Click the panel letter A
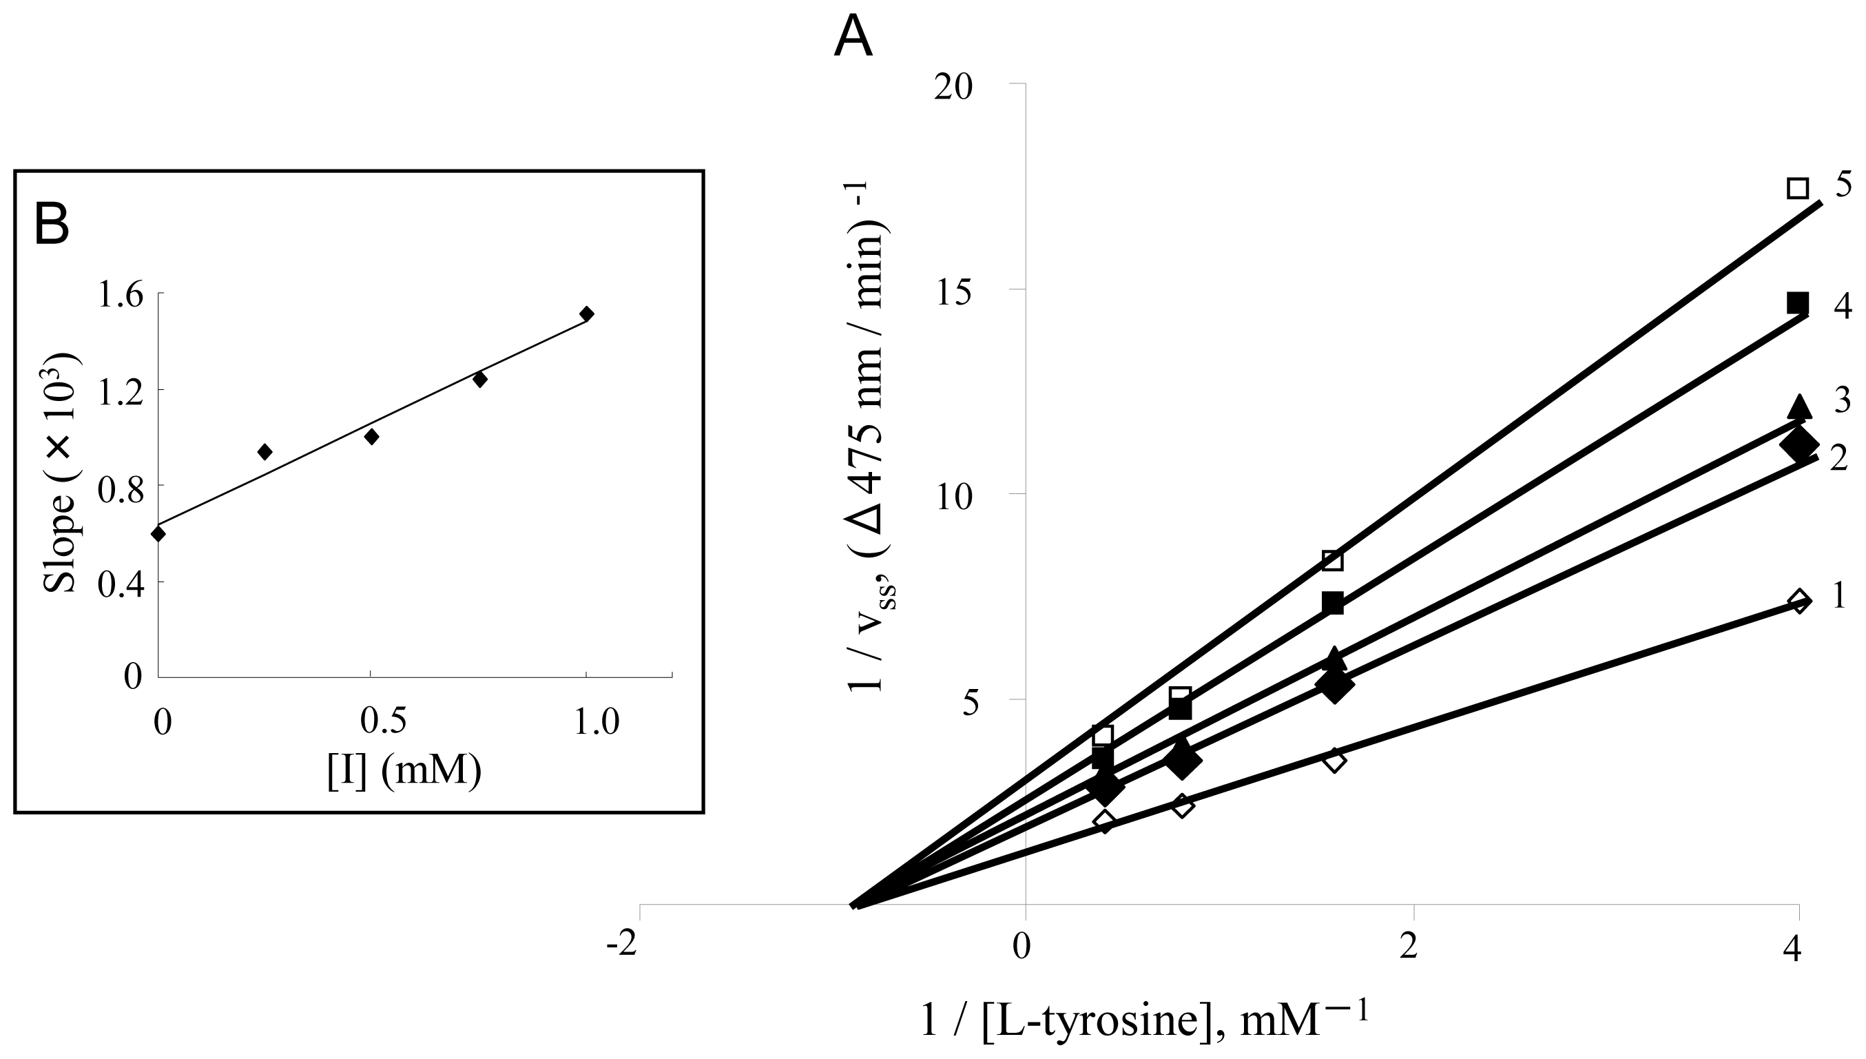(x=852, y=38)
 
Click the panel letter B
(x=52, y=225)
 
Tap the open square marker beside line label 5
(x=1797, y=187)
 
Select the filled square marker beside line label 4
(x=1797, y=302)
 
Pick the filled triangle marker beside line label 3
(x=1799, y=407)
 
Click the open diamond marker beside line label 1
(x=1799, y=602)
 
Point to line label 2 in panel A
(x=1838, y=459)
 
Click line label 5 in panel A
(x=1843, y=185)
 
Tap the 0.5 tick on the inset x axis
(x=383, y=723)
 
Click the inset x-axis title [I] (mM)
(x=404, y=772)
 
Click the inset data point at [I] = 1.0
(x=587, y=313)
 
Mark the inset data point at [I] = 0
(x=158, y=534)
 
